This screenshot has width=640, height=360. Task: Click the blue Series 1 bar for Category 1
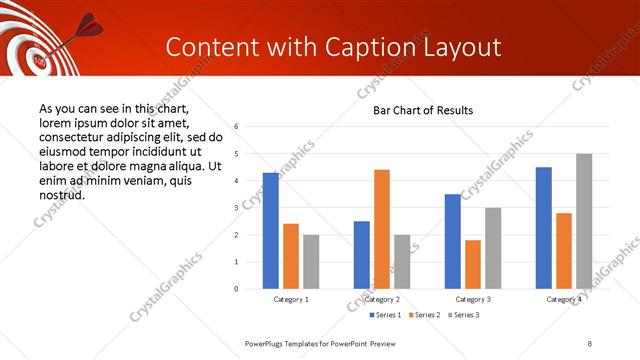pyautogui.click(x=271, y=231)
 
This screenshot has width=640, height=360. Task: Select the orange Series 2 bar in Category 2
pyautogui.click(x=382, y=229)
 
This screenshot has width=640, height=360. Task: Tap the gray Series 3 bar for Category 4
pyautogui.click(x=584, y=221)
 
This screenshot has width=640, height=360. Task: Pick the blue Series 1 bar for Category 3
pyautogui.click(x=453, y=241)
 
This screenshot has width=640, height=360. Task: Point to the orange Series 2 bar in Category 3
pyautogui.click(x=473, y=264)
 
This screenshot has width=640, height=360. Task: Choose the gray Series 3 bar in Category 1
pyautogui.click(x=311, y=262)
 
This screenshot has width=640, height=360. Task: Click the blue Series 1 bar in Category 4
pyautogui.click(x=544, y=228)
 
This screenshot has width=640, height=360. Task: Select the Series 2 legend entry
pyautogui.click(x=426, y=315)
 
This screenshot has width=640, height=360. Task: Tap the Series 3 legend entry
pyautogui.click(x=464, y=315)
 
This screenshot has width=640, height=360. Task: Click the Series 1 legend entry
pyautogui.click(x=387, y=315)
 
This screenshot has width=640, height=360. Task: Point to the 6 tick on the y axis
pyautogui.click(x=236, y=127)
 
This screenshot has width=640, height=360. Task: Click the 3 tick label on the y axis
pyautogui.click(x=236, y=208)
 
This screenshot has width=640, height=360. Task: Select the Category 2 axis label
pyautogui.click(x=382, y=299)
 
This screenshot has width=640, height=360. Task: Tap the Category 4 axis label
pyautogui.click(x=564, y=299)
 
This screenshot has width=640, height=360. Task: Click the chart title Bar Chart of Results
pyautogui.click(x=423, y=110)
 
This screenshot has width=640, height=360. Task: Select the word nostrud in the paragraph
pyautogui.click(x=61, y=195)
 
